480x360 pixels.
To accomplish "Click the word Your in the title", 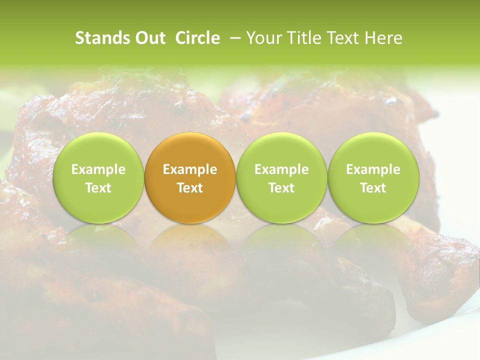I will (263, 38).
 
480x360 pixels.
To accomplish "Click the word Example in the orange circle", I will (190, 169).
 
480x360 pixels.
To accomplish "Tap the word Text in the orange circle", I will (190, 188).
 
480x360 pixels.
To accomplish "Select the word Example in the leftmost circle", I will (98, 169).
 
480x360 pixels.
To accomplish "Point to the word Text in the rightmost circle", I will (373, 188).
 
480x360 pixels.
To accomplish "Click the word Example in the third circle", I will (281, 169).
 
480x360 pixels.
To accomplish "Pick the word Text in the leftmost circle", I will (98, 188).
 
